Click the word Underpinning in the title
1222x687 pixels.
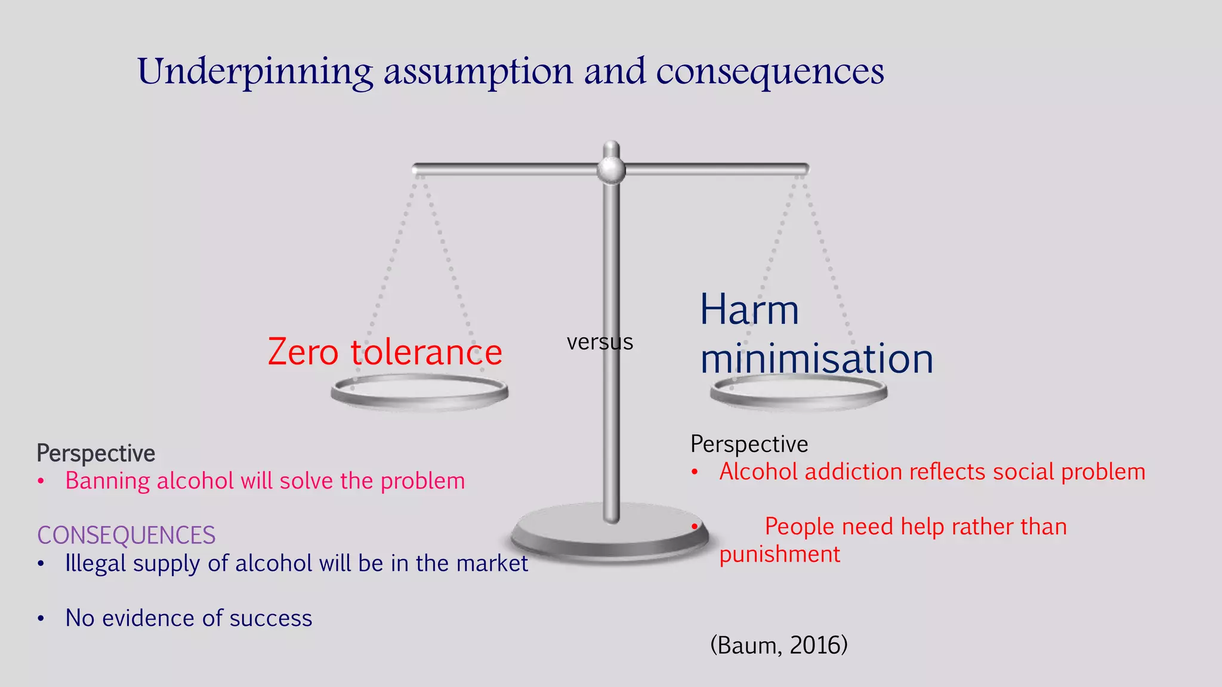click(x=255, y=72)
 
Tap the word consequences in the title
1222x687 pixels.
click(x=770, y=72)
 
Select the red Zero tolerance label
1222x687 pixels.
click(x=385, y=352)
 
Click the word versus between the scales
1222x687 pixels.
click(x=600, y=342)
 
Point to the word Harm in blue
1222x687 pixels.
click(x=749, y=310)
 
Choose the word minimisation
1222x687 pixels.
click(x=816, y=359)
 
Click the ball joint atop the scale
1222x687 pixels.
click(x=611, y=170)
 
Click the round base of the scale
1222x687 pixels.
click(x=610, y=534)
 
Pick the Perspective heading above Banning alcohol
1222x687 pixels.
click(x=96, y=453)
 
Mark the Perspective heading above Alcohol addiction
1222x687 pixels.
click(x=749, y=444)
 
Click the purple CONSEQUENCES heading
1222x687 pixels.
click(x=126, y=535)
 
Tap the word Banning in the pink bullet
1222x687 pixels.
click(x=107, y=481)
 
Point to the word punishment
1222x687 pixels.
click(x=779, y=555)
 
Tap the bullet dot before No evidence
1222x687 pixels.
click(x=41, y=618)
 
